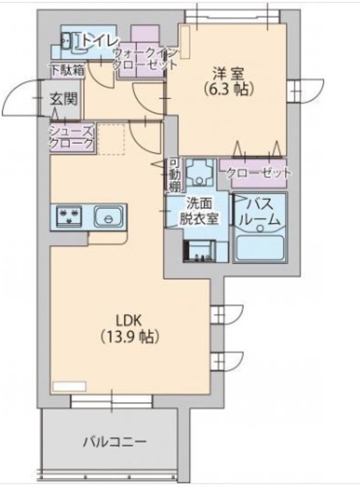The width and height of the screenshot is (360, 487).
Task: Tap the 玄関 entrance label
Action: point(63,99)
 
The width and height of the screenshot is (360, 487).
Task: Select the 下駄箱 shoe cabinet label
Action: point(68,71)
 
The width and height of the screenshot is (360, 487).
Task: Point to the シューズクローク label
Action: point(72,137)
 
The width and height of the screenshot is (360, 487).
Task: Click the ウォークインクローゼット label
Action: point(145,59)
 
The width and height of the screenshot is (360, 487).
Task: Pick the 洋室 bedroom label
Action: point(228,74)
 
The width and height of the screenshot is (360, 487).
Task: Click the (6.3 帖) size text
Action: point(229,90)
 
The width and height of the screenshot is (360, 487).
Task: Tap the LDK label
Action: point(129,320)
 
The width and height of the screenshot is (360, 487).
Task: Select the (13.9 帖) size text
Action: point(129,336)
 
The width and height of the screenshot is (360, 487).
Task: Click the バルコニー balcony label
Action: point(115,441)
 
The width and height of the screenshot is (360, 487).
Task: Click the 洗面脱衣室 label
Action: point(199,212)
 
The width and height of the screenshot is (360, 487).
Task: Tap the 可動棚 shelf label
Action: point(174,175)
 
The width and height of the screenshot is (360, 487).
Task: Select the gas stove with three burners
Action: point(69,215)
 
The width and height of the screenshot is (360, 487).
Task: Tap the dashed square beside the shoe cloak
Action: point(112,139)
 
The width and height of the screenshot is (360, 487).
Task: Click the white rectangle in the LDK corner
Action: point(69,387)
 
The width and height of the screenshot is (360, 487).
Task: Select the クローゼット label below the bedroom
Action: point(259,173)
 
